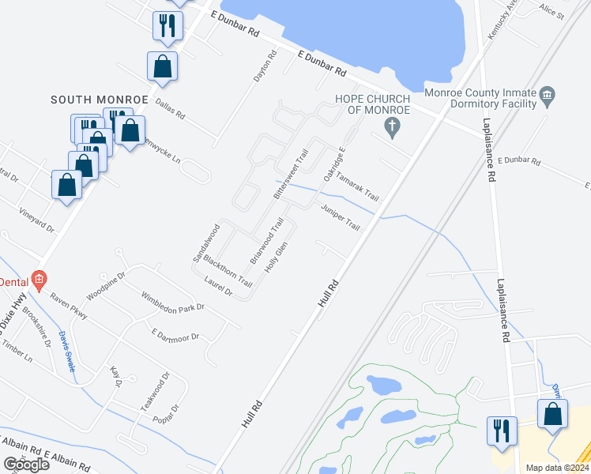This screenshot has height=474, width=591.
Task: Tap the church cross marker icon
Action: point(390,126)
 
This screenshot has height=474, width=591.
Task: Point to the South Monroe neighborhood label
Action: point(100,100)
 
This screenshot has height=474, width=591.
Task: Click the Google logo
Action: point(26,465)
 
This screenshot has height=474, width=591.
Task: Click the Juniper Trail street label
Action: point(340,217)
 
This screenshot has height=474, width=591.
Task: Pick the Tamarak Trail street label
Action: point(357,187)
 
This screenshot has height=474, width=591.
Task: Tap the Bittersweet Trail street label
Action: point(289,173)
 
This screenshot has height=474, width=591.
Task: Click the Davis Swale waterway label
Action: point(66,352)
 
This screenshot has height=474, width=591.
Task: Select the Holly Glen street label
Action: point(276,258)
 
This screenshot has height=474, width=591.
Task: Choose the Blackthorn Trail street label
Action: point(228,270)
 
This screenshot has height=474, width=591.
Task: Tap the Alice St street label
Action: point(551,14)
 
